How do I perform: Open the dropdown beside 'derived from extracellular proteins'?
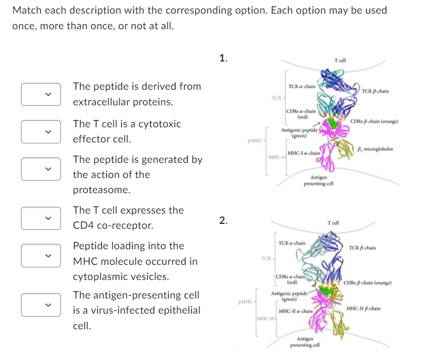41,94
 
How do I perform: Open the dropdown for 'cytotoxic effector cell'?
41,131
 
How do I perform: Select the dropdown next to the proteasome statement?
41,167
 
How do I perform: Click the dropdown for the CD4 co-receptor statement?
41,218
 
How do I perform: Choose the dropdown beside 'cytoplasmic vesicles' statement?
41,255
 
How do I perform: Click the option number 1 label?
223,59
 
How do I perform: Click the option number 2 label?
223,220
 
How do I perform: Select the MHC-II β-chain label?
363,308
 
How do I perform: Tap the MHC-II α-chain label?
295,311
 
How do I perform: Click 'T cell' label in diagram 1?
340,60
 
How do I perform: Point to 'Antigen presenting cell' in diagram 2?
305,341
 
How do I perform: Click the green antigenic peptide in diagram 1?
333,124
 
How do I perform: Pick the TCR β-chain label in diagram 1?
375,91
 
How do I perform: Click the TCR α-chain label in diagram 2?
292,242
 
